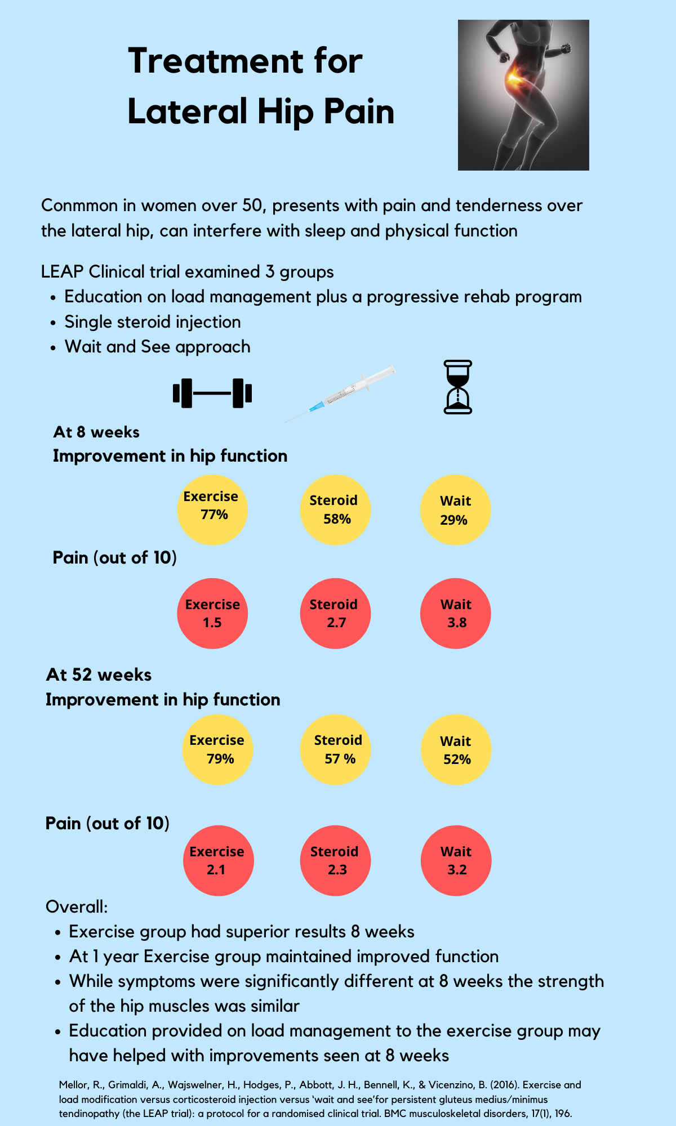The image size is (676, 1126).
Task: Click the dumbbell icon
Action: (212, 393)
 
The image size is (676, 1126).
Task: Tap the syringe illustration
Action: (340, 394)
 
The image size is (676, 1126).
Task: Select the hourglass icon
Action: (458, 387)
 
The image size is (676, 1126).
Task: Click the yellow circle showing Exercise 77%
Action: (212, 510)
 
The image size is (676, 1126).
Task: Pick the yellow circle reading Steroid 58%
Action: (335, 510)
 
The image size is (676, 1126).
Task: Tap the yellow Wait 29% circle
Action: (456, 510)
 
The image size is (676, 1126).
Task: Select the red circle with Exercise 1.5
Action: (212, 614)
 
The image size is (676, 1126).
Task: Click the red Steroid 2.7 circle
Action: (335, 614)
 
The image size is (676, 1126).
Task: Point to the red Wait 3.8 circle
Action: (456, 614)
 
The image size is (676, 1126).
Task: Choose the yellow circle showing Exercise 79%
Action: (217, 750)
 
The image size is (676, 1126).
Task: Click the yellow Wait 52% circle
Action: (456, 750)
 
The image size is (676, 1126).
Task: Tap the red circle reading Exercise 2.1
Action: (219, 860)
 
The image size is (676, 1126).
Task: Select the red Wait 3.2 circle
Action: (456, 860)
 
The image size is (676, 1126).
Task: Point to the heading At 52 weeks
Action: (99, 674)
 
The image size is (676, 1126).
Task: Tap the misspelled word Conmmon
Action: (79, 205)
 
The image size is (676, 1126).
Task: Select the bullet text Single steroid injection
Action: (153, 322)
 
